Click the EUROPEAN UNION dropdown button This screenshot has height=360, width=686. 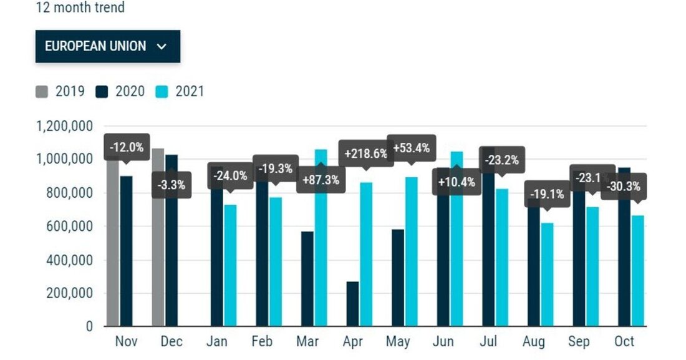click(107, 46)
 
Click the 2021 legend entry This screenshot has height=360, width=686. click(180, 92)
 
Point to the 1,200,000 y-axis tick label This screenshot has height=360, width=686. click(65, 127)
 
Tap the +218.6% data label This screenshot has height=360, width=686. click(366, 153)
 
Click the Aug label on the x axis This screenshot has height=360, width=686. click(534, 341)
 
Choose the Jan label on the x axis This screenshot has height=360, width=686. click(218, 341)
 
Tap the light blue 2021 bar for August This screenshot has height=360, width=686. click(547, 275)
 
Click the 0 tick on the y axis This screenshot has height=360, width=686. click(89, 326)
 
